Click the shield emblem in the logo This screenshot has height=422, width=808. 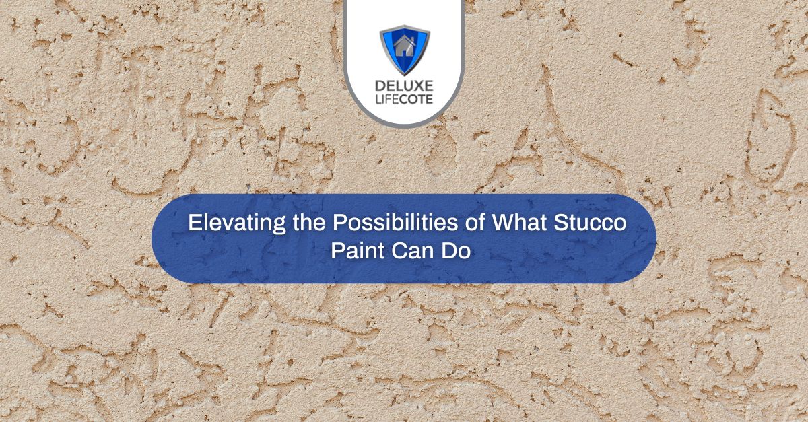click(x=404, y=50)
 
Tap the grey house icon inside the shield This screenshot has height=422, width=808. click(x=404, y=48)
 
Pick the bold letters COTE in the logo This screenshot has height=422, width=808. click(x=416, y=102)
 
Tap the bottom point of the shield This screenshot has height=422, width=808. click(x=404, y=74)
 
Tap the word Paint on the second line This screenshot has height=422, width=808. click(x=356, y=252)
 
